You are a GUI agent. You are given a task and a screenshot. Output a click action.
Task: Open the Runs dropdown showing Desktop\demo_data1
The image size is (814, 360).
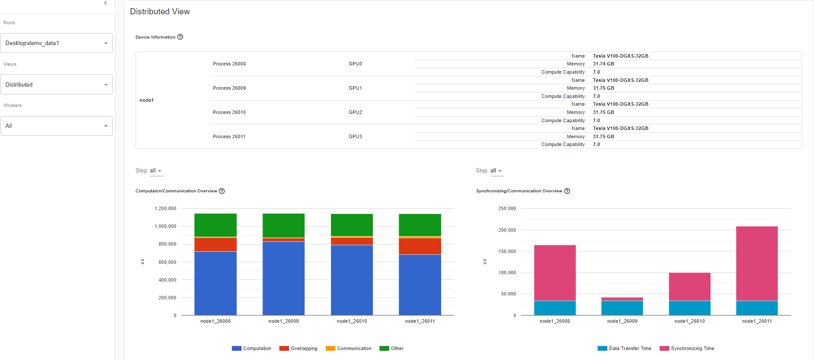56,43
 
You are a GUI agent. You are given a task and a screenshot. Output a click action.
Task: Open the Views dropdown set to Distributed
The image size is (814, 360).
56,85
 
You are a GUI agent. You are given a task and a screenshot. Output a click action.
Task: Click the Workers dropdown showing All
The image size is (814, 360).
56,126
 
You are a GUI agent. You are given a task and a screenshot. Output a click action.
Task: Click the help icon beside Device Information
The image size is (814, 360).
180,37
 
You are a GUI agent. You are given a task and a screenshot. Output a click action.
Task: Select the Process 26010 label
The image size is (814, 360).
229,113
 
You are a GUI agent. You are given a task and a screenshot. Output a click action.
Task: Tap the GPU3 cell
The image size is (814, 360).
355,137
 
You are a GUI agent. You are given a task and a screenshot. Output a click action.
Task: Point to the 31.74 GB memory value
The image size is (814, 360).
603,64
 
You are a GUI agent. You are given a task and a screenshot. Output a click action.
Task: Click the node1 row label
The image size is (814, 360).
146,101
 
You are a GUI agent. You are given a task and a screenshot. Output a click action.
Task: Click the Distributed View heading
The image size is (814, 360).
160,12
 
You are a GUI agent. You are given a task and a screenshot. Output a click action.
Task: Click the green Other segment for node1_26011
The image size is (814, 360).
420,225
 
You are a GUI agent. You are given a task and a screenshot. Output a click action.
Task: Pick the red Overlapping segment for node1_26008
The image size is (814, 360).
215,244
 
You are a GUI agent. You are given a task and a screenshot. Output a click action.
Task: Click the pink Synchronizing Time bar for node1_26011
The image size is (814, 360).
757,263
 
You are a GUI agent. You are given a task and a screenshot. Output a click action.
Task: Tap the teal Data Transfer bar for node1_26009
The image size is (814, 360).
622,308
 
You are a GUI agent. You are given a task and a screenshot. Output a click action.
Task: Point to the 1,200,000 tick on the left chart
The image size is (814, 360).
165,209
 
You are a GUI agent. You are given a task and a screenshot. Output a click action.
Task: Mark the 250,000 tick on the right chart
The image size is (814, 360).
507,209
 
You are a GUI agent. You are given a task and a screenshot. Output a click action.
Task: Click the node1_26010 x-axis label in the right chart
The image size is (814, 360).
690,321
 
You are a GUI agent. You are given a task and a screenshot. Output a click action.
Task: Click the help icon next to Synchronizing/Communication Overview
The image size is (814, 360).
567,191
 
